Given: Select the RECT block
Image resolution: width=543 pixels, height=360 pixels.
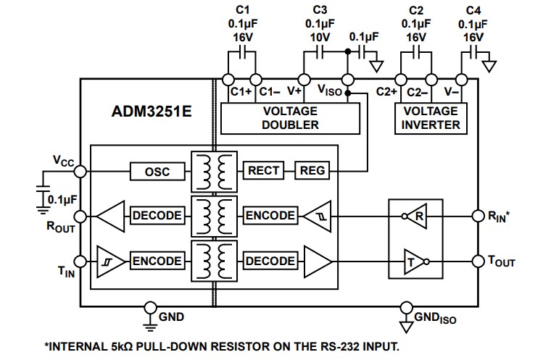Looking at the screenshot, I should (x=265, y=171).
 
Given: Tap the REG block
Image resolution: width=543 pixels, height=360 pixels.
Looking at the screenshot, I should (x=312, y=171).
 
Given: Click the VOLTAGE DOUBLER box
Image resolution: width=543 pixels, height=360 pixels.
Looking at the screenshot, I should (x=290, y=118).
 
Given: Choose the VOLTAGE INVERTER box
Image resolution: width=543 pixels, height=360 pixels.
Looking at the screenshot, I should (x=431, y=118).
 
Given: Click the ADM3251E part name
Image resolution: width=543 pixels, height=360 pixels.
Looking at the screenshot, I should (x=142, y=113).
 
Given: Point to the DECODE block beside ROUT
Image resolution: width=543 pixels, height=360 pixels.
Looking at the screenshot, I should (x=156, y=216).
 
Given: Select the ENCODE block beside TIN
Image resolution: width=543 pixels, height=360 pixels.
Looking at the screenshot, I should (x=156, y=260).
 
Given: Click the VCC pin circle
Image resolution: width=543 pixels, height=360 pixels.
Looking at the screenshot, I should (x=80, y=171).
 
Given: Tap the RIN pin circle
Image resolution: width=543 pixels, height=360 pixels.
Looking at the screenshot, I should (x=478, y=216).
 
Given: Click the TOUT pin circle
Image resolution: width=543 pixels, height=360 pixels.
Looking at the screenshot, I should (x=478, y=260).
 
